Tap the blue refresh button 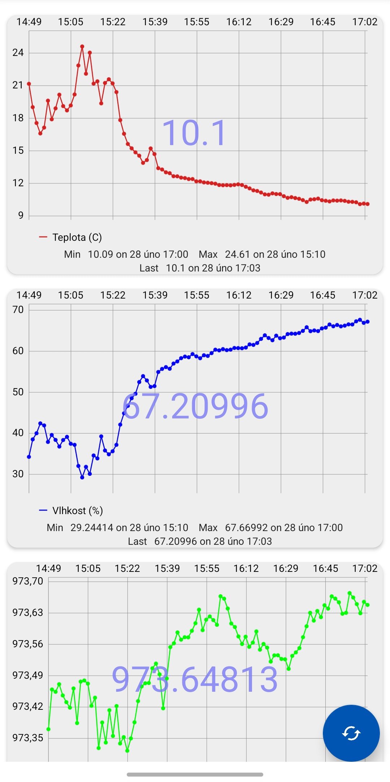pyautogui.click(x=351, y=733)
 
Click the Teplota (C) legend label pyautogui.click(x=77, y=237)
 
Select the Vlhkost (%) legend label pyautogui.click(x=77, y=511)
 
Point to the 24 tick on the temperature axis pyautogui.click(x=18, y=53)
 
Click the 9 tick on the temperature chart pyautogui.click(x=21, y=216)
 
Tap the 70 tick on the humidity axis pyautogui.click(x=18, y=310)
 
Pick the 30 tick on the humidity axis pyautogui.click(x=18, y=474)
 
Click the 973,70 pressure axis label pyautogui.click(x=28, y=581)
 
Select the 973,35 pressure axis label pyautogui.click(x=28, y=738)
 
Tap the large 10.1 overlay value pyautogui.click(x=195, y=133)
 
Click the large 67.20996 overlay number pyautogui.click(x=195, y=407)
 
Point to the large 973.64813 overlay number pyautogui.click(x=195, y=679)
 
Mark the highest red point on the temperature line pyautogui.click(x=82, y=47)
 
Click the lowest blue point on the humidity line pyautogui.click(x=82, y=477)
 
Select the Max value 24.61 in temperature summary pyautogui.click(x=238, y=254)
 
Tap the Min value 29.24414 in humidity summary pyautogui.click(x=92, y=527)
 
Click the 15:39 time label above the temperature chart pyautogui.click(x=155, y=22)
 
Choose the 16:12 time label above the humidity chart pyautogui.click(x=239, y=295)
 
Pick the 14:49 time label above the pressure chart pyautogui.click(x=48, y=569)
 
